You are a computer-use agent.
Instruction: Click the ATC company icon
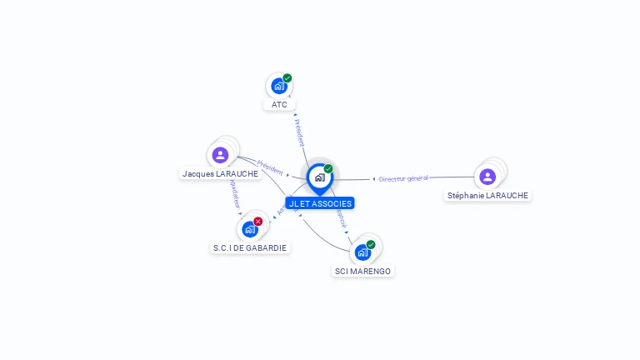pos(278,86)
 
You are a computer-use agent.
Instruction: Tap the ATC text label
pos(279,105)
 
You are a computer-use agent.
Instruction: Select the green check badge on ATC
pos(287,78)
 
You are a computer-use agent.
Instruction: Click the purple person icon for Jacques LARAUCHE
pos(220,155)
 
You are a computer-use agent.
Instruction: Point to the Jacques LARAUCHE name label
pos(221,174)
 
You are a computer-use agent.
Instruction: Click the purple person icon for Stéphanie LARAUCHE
pos(487,176)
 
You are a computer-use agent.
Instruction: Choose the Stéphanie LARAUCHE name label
pos(487,195)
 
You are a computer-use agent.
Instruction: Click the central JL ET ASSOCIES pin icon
pos(319,177)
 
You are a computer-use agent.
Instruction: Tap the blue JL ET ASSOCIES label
pos(320,203)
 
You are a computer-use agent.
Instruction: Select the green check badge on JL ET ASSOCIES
pos(328,169)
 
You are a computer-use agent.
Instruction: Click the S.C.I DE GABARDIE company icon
pos(249,229)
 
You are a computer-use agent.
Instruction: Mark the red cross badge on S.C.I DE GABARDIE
pos(258,222)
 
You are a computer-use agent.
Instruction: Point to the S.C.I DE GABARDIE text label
pos(250,247)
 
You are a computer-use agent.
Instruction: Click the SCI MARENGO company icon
pos(362,252)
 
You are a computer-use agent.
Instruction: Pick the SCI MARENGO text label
pos(362,271)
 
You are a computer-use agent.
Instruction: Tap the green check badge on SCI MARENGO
pos(371,245)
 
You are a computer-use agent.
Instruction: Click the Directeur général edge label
pos(403,178)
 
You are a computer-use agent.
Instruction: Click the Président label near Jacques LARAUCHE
pos(270,166)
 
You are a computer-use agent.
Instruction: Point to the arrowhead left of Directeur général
pos(373,178)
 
